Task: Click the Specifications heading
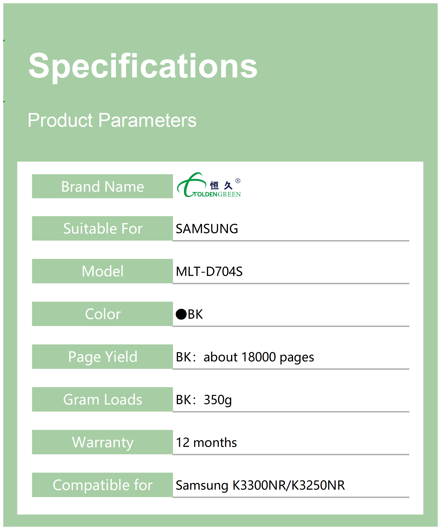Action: coord(143,66)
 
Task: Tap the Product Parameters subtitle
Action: coord(112,120)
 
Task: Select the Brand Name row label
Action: coord(103,186)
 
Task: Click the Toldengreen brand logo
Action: coord(209,185)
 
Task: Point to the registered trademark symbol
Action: coord(238,181)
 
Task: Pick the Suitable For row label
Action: coord(103,228)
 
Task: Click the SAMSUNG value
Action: coord(207,229)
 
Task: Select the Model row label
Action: coord(103,271)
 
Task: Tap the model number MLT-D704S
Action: coord(209,272)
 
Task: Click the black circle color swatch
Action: coord(181,314)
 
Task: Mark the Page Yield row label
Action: coord(103,357)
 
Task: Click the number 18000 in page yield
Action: coord(258,357)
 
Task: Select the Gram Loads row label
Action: coord(103,400)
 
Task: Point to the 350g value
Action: coord(218,400)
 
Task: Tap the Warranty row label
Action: coord(103,442)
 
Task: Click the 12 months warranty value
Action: coord(206,442)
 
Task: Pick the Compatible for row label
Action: coord(103,485)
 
